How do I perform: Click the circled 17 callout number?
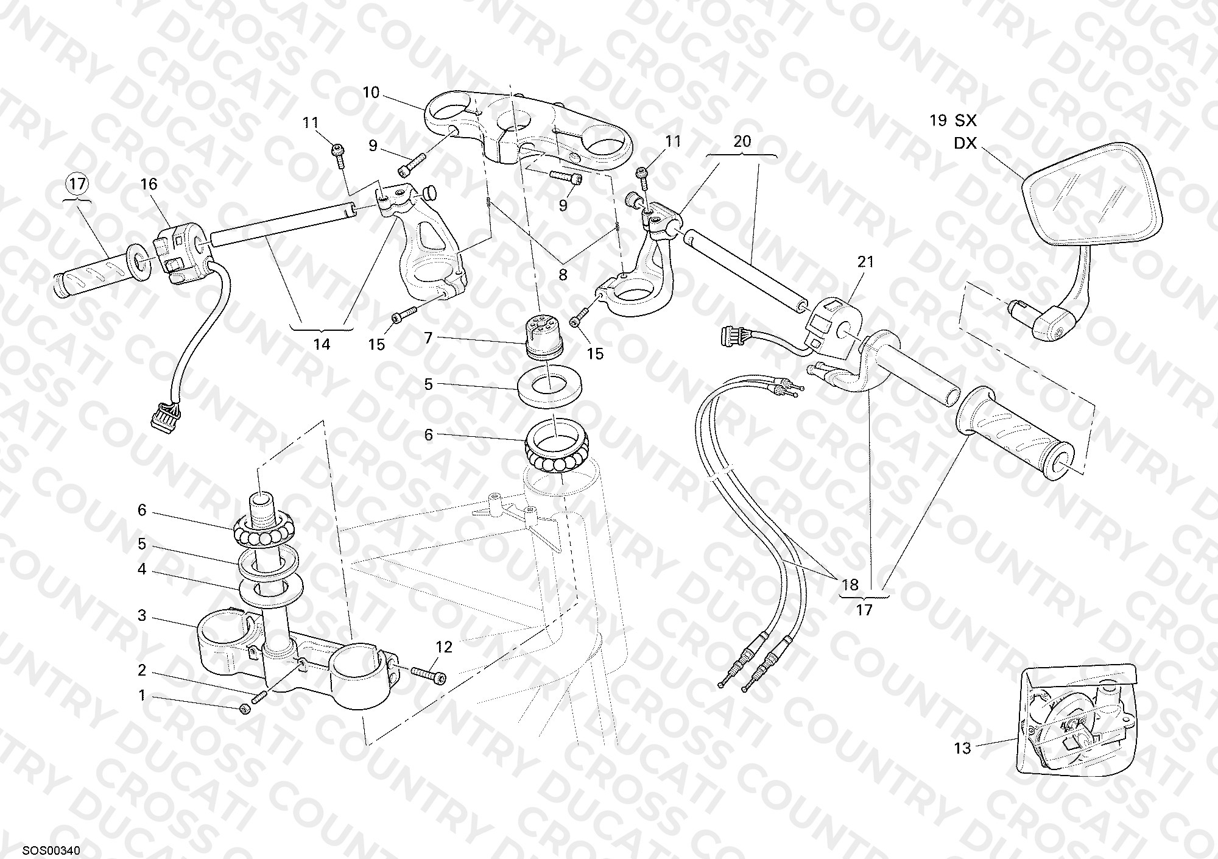[x=79, y=183]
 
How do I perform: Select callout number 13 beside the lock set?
[x=962, y=748]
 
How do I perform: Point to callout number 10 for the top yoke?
[x=371, y=93]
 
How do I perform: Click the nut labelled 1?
[x=246, y=709]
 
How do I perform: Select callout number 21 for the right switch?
[x=865, y=261]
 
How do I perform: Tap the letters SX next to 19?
[x=965, y=120]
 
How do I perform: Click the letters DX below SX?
[x=965, y=143]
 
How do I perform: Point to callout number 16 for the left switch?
[x=149, y=184]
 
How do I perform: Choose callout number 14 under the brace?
[x=322, y=344]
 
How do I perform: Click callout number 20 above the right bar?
[x=742, y=141]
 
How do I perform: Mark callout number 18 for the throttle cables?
[x=850, y=585]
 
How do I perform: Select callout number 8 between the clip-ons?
[x=563, y=275]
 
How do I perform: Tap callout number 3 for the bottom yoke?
[x=142, y=616]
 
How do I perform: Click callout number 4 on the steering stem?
[x=142, y=570]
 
